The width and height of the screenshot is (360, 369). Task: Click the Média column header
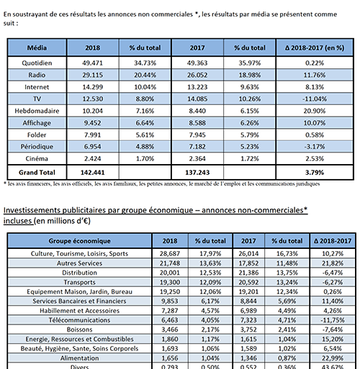[37, 47]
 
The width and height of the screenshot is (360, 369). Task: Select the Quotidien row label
[37, 63]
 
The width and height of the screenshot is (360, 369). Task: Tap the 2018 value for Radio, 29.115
[93, 75]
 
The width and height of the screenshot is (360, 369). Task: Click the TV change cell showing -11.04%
[315, 99]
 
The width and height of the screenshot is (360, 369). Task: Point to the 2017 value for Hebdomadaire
[197, 111]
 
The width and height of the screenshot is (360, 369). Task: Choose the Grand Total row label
[37, 173]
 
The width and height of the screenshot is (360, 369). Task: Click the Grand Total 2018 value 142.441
[93, 173]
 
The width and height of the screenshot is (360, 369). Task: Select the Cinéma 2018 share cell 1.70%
[145, 158]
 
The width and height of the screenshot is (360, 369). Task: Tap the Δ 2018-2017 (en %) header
[315, 47]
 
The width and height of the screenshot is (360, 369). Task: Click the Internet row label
[37, 87]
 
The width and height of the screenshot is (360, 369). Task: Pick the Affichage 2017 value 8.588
[197, 123]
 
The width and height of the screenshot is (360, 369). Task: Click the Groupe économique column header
[79, 241]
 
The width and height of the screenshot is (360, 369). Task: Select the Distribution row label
[79, 273]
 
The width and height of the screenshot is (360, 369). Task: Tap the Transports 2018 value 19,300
[170, 282]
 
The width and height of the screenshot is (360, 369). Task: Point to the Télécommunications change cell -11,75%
[333, 320]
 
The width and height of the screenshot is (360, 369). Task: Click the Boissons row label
[79, 329]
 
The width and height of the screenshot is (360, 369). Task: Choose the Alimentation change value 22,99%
[333, 358]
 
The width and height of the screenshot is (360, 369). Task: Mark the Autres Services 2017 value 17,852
[248, 263]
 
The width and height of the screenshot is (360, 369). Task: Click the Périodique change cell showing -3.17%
[315, 147]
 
